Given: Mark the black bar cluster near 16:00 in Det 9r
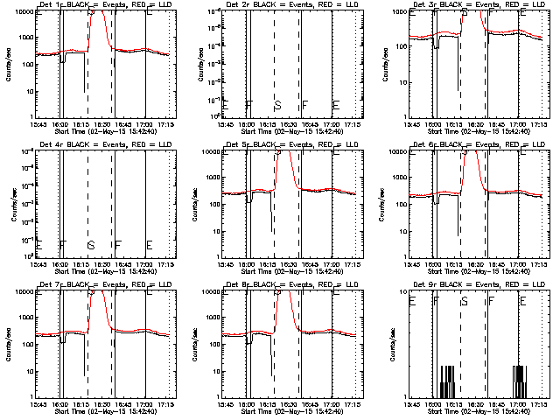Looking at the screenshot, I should [x=446, y=382].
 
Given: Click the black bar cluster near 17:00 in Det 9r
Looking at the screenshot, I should [x=518, y=382].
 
